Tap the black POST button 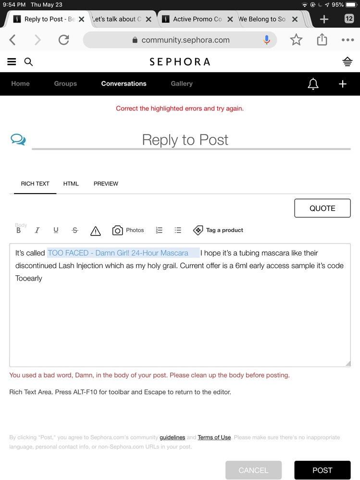point(322,470)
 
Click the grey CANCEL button point(253,470)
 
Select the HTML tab point(71,184)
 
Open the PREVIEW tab point(106,184)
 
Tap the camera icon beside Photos point(117,231)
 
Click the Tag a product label point(224,230)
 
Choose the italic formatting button point(37,231)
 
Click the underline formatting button point(56,231)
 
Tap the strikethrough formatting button point(74,231)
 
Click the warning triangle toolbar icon point(95,231)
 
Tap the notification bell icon point(313,84)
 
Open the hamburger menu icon point(12,62)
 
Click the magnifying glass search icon point(28,62)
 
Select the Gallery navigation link point(182,84)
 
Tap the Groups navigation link point(65,84)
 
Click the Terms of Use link point(214,437)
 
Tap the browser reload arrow point(63,40)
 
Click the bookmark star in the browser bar point(296,40)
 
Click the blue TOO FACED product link point(118,253)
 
